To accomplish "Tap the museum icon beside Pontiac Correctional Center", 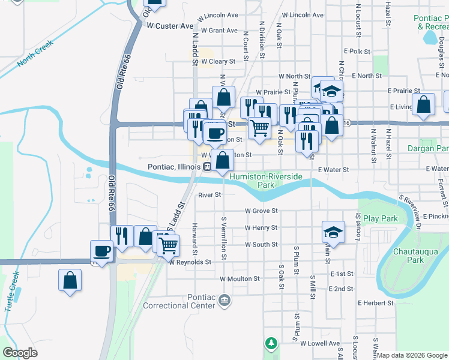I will click(x=224, y=299).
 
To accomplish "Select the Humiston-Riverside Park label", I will click(x=266, y=181).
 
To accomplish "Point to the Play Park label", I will click(x=380, y=218).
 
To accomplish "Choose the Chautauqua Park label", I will click(x=407, y=256).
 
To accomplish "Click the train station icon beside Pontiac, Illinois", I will click(x=206, y=167).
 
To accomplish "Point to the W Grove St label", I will click(x=261, y=211).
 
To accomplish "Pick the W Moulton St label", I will click(x=240, y=279).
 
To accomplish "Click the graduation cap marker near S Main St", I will click(x=334, y=232).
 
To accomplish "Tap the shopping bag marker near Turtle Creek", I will click(x=70, y=280).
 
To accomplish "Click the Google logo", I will click(x=20, y=353).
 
